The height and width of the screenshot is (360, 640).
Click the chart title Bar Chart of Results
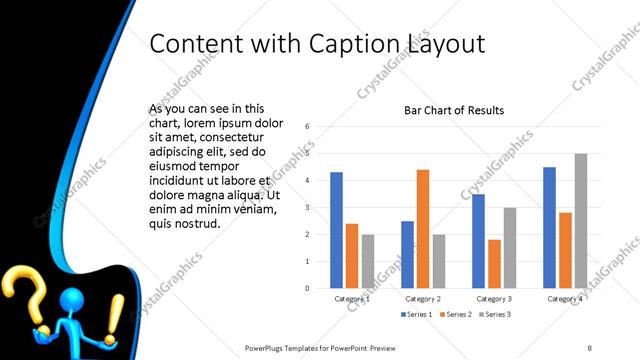[x=453, y=110]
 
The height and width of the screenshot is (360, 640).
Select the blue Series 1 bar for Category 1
[x=336, y=230]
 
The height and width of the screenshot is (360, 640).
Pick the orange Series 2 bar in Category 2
[x=423, y=229]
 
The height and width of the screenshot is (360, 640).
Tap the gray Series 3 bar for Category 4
[x=581, y=221]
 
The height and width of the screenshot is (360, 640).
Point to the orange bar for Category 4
[x=565, y=250]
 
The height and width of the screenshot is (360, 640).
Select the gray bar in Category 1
[x=368, y=261]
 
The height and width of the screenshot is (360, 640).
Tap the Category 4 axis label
[x=566, y=298]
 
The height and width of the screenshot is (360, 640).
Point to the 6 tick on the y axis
[x=307, y=127]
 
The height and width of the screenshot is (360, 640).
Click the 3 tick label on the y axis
[x=307, y=207]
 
